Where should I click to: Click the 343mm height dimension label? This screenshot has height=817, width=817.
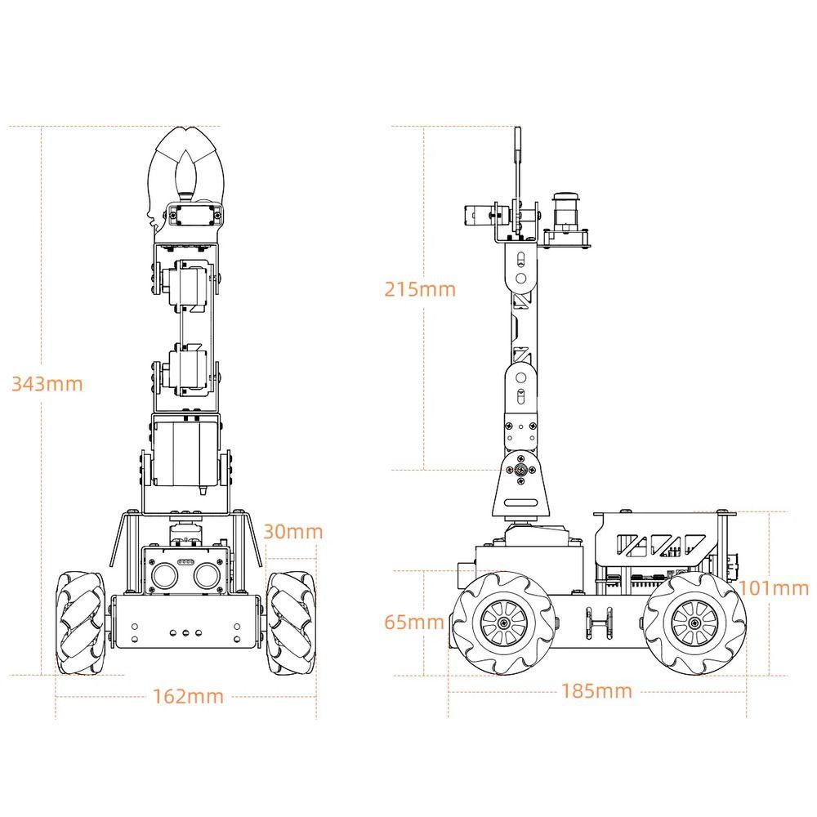click(x=47, y=383)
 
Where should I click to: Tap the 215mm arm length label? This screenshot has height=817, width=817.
click(x=420, y=288)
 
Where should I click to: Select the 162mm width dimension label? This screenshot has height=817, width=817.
click(x=188, y=696)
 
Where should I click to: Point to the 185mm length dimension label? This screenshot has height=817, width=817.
click(x=596, y=690)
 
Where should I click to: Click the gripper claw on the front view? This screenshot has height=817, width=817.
click(x=188, y=167)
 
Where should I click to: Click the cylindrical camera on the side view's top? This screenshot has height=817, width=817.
click(x=565, y=208)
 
